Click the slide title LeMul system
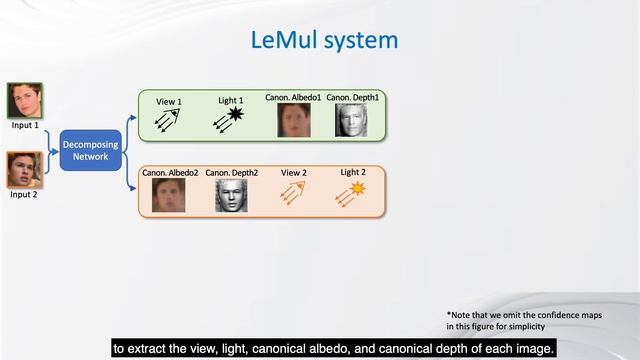coord(324,40)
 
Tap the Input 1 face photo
coord(24,101)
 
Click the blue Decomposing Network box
coord(90,150)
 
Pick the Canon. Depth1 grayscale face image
coord(352,120)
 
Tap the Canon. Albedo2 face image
coord(169,195)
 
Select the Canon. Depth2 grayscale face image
coord(230,195)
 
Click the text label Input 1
coord(24,125)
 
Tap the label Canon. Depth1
coord(352,97)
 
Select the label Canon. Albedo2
coord(169,173)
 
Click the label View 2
coord(293,172)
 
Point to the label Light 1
coord(231,101)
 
